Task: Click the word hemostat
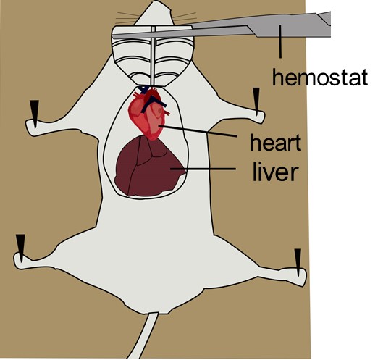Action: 320,77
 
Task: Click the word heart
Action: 276,142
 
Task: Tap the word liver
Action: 276,172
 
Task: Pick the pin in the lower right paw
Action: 298,263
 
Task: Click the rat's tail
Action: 143,335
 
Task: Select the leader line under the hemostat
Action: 280,41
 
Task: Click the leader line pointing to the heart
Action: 198,131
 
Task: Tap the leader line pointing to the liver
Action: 203,169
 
